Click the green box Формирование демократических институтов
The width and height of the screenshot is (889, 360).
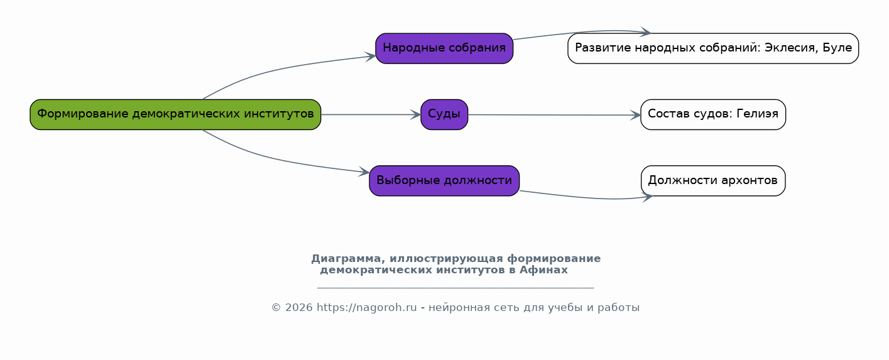175,114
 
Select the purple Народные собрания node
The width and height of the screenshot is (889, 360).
444,48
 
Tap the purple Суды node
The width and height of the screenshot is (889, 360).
444,114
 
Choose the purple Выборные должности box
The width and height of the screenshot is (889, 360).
444,180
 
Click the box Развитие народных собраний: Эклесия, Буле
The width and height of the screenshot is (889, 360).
713,48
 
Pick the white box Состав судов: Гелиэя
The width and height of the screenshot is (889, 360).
713,114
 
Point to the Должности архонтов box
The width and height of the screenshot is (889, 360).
713,180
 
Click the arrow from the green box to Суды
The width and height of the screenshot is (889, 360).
371,115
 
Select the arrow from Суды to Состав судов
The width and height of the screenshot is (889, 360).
554,115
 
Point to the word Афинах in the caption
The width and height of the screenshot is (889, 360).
543,270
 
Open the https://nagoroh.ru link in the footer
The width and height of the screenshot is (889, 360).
367,308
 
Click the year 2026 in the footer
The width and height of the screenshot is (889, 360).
299,308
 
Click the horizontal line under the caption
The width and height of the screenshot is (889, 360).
455,287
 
